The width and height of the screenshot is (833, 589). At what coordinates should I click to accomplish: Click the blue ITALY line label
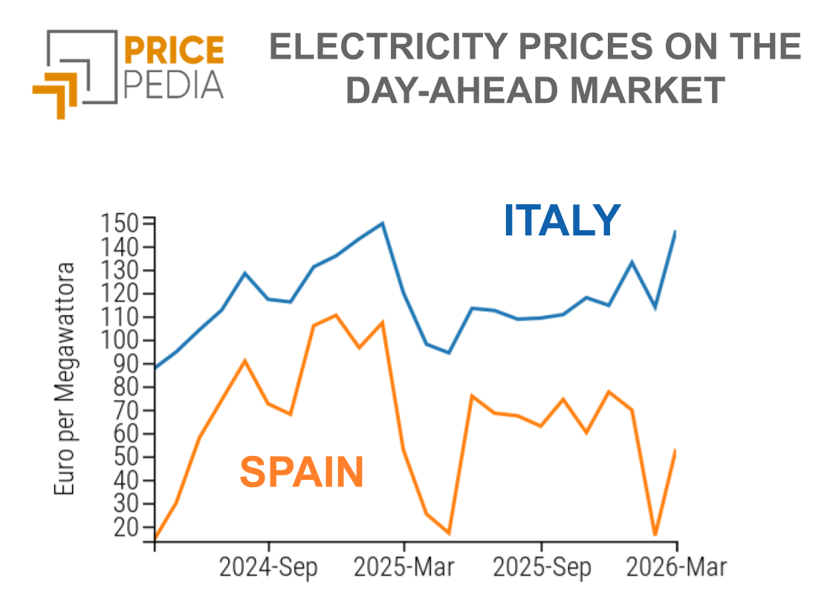pos(562,221)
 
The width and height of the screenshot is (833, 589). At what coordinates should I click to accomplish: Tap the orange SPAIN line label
pos(302,472)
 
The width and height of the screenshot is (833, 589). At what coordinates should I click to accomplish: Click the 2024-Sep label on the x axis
pos(268,567)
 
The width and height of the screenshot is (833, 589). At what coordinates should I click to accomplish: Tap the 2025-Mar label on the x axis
pos(403,567)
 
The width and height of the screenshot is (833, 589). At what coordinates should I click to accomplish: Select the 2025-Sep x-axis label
pos(542,567)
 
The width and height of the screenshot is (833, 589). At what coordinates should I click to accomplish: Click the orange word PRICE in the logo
pos(172,50)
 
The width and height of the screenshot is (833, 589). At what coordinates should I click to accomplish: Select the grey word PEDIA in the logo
pos(172,85)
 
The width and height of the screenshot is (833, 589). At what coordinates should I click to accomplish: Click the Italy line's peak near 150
pos(382,223)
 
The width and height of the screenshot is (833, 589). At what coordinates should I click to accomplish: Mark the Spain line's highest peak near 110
pos(336,315)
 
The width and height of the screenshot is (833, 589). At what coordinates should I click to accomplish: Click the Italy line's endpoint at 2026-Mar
pos(675,232)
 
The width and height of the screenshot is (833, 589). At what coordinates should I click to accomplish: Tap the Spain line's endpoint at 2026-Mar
pos(675,450)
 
